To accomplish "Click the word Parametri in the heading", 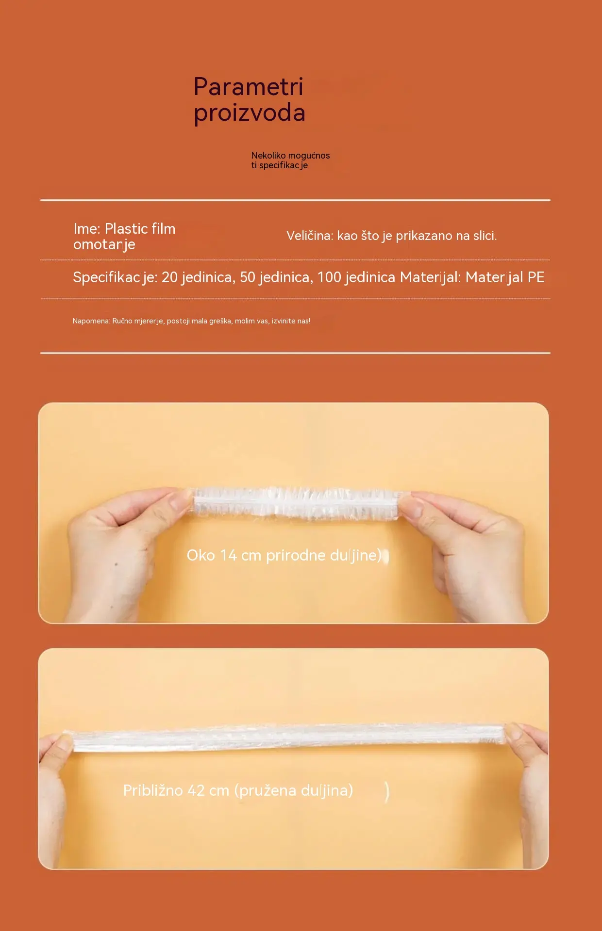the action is coord(248,87).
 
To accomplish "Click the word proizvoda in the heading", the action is coord(250,113).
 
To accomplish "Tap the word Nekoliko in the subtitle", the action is coord(268,155).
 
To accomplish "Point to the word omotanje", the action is coord(104,245).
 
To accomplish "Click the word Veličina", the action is coord(310,236).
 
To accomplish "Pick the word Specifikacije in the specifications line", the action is coord(115,277).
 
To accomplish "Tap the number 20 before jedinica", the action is coord(169,277).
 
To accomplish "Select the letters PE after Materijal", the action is coord(536,277).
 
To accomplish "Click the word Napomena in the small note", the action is coord(91,321).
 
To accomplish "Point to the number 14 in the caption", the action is coord(228,555).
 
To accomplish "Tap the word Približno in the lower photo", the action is coord(153,790).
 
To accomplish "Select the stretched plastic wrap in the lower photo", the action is coord(289,737).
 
